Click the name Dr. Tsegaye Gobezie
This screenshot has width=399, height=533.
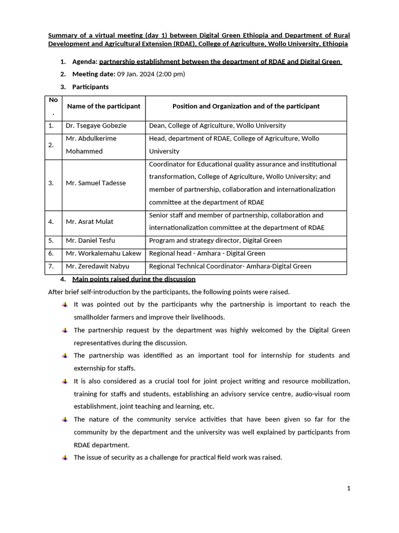click(x=96, y=125)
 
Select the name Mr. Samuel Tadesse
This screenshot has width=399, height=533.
click(x=96, y=183)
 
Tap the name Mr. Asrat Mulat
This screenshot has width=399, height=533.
click(x=89, y=222)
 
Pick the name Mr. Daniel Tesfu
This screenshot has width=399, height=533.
click(x=91, y=240)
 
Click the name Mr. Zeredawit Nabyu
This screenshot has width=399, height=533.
click(x=97, y=266)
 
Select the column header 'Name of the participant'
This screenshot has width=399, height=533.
click(x=103, y=106)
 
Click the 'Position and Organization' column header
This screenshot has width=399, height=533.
click(x=246, y=106)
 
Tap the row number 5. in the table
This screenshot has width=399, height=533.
click(x=51, y=240)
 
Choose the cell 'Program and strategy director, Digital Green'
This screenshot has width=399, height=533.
click(x=215, y=240)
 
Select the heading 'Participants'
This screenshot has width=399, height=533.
click(x=90, y=87)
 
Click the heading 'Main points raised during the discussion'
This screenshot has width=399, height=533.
click(x=134, y=280)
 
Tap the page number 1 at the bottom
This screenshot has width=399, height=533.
click(x=349, y=488)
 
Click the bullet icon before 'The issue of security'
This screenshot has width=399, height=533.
click(x=64, y=458)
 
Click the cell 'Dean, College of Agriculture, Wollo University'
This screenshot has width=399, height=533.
click(x=217, y=125)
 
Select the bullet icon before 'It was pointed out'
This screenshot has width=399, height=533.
click(x=64, y=304)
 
